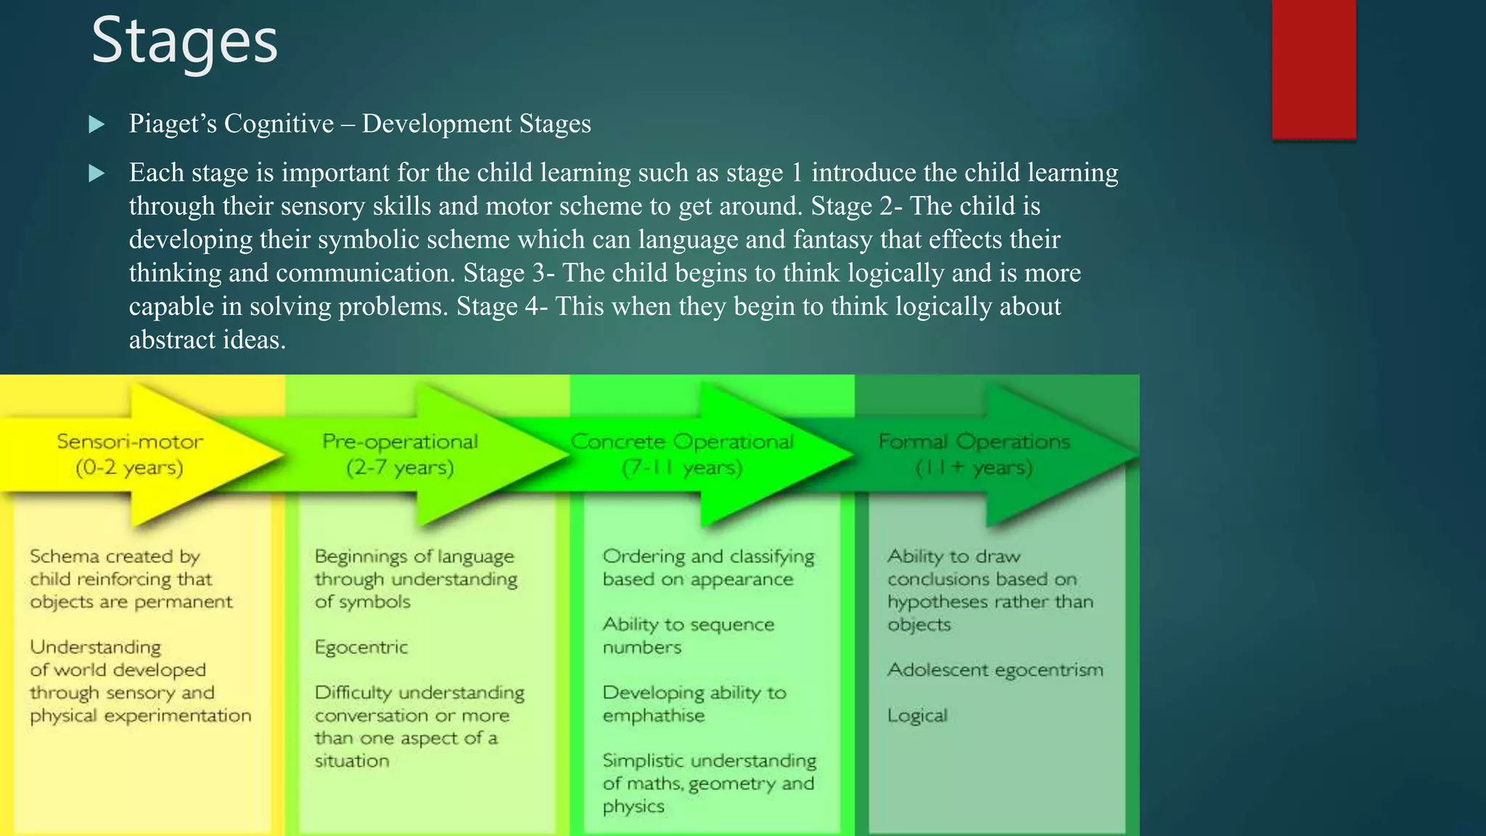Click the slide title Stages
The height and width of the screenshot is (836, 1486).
pos(184,41)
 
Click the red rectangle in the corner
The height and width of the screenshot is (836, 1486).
pos(1313,69)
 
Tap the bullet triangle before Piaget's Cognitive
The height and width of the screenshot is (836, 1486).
pos(97,125)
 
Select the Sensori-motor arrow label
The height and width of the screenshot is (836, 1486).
pos(130,441)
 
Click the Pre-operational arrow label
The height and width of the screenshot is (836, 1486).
pos(400,441)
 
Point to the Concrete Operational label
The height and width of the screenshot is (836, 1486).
pos(682,441)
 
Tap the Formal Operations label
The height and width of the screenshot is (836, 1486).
pos(974,441)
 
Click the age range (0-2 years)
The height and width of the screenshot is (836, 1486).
pos(129,467)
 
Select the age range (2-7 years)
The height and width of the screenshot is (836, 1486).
pos(400,467)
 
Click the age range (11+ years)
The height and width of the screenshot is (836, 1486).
pos(974,467)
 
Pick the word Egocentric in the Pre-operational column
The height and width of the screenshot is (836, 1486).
pos(361,647)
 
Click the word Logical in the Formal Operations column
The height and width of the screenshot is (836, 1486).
pos(917,716)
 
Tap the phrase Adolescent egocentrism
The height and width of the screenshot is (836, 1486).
pos(995,670)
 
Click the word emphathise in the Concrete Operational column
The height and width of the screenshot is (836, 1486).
pos(654,716)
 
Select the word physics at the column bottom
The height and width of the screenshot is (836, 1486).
pos(633,806)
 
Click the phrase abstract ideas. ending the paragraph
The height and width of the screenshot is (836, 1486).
pos(208,340)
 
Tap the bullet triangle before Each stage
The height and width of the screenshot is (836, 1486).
pos(97,173)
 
